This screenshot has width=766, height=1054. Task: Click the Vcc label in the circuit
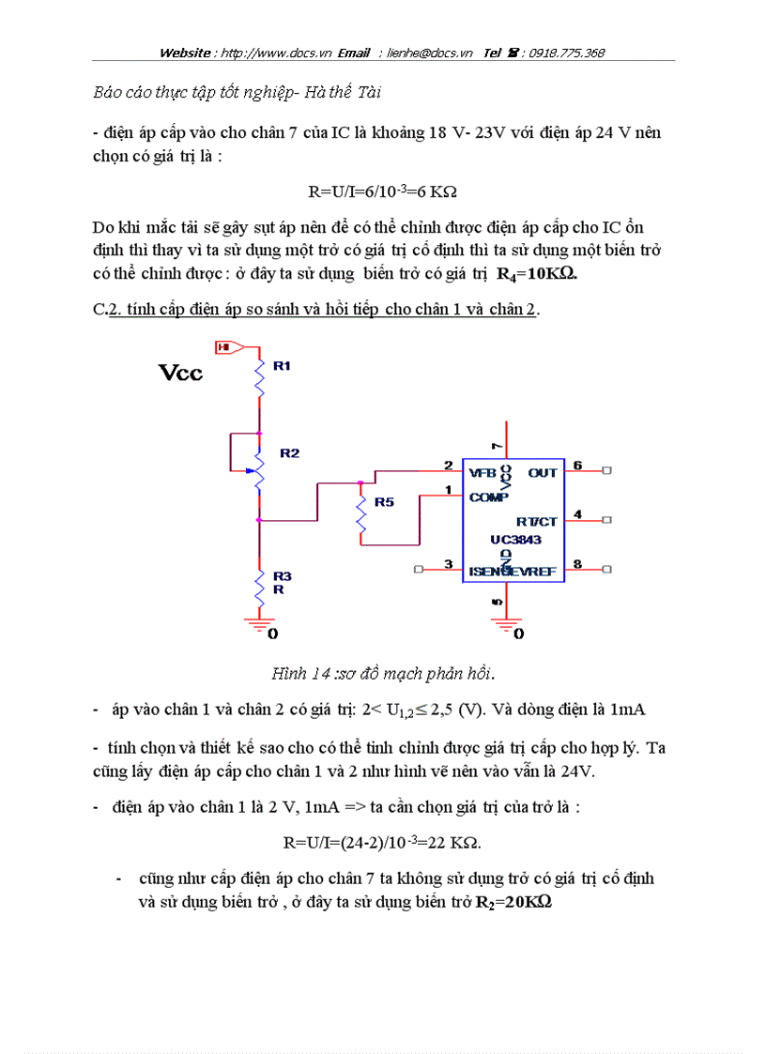click(180, 373)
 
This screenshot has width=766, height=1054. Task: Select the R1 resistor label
click(282, 366)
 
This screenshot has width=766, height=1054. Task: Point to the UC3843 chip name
click(515, 540)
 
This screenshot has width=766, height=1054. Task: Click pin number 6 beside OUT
click(577, 466)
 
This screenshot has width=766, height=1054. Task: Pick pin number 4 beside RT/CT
click(577, 514)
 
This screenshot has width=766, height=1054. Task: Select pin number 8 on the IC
click(577, 564)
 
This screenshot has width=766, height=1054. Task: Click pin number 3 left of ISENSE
click(448, 564)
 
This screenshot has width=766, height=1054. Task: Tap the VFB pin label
click(483, 473)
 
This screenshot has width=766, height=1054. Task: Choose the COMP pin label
click(488, 496)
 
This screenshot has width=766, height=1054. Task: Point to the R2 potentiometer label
click(289, 453)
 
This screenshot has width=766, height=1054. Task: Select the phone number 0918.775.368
click(567, 53)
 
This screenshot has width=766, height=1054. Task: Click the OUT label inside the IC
click(542, 473)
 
